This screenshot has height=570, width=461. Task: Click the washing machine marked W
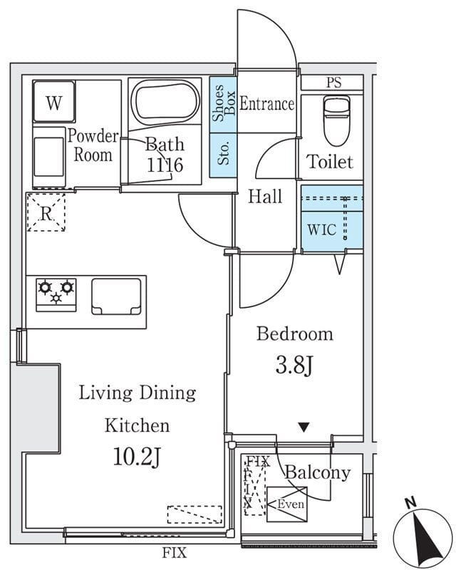(54, 101)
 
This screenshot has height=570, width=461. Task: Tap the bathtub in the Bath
(166, 103)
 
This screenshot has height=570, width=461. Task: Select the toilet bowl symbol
(336, 120)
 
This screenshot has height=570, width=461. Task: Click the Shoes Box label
(223, 103)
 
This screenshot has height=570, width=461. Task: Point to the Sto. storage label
(223, 152)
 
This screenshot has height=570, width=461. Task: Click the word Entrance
(266, 103)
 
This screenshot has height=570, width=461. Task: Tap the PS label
(333, 83)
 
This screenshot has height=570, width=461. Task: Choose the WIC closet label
(322, 229)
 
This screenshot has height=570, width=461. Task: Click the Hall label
(265, 197)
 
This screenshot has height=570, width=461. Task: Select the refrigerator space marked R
(46, 212)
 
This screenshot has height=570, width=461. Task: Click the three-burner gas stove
(56, 295)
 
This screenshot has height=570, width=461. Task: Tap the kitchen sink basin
(116, 296)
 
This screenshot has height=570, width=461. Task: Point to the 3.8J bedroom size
(294, 366)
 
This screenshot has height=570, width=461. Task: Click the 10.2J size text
(137, 457)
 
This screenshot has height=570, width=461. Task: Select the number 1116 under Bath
(165, 165)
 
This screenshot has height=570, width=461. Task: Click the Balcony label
(317, 472)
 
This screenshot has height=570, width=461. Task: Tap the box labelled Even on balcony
(287, 504)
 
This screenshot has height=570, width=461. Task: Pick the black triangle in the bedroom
(304, 427)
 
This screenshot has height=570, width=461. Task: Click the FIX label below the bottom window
(175, 553)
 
